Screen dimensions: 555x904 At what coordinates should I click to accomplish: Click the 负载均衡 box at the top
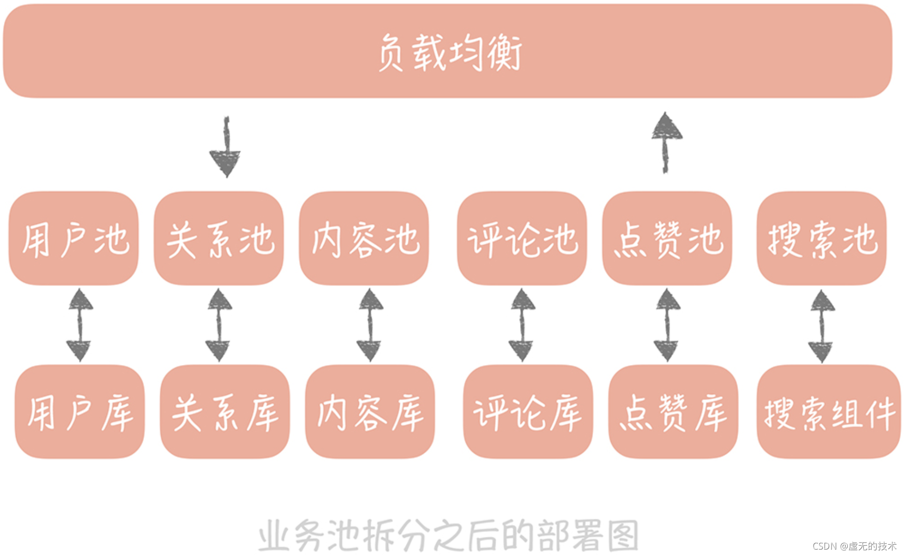[x=448, y=51]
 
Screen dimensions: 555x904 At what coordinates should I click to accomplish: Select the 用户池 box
[x=73, y=238]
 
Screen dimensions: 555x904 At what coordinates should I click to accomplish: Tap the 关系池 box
[x=219, y=238]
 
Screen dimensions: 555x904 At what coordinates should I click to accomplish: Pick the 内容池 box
[x=364, y=238]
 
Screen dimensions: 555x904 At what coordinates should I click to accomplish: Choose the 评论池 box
[x=522, y=238]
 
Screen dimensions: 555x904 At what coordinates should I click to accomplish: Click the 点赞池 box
[x=667, y=238]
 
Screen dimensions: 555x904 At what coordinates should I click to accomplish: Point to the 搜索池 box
[x=822, y=238]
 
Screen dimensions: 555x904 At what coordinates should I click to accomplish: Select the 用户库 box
[x=80, y=412]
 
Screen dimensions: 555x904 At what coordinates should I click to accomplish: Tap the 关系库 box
[x=225, y=412]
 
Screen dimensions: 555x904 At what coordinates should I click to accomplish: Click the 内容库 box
[x=370, y=412]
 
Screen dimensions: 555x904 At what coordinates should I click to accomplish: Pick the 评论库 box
[x=528, y=412]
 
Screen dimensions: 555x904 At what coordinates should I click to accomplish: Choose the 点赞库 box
[x=673, y=412]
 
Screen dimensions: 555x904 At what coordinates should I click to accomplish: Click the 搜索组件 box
[x=829, y=412]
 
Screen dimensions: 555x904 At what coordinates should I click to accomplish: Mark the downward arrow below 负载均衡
[x=226, y=147]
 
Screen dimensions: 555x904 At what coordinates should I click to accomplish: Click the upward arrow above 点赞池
[x=666, y=142]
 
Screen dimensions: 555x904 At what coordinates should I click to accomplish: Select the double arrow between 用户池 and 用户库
[x=80, y=325]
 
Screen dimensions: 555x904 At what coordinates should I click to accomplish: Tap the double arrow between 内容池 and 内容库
[x=370, y=325]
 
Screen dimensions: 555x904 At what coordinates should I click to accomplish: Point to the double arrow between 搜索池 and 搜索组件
[x=822, y=326]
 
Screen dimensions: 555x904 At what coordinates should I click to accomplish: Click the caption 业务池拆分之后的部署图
[x=448, y=535]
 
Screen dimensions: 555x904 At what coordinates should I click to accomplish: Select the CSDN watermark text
[x=854, y=546]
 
